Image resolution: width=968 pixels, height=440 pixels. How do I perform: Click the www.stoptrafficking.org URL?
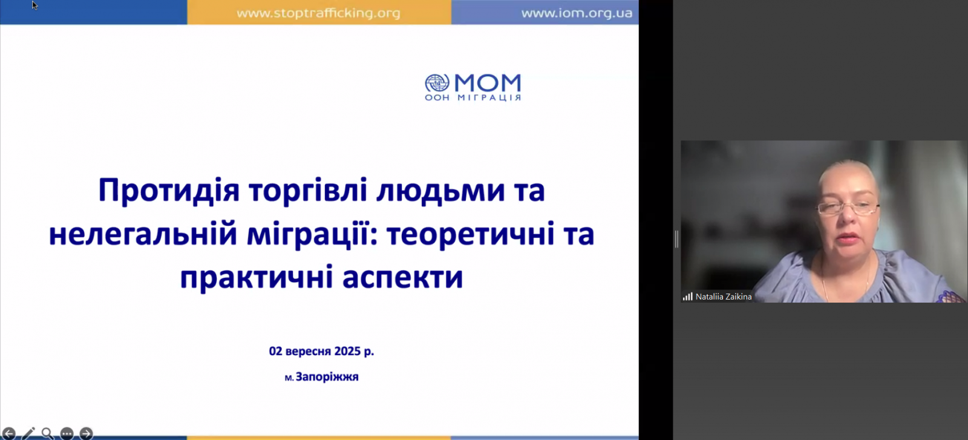pyautogui.click(x=318, y=13)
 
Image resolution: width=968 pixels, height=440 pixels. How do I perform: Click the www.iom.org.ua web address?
pyautogui.click(x=577, y=13)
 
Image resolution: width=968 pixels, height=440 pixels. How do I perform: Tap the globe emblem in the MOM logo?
pyautogui.click(x=437, y=83)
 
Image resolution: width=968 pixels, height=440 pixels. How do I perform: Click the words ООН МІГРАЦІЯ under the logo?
pyautogui.click(x=473, y=97)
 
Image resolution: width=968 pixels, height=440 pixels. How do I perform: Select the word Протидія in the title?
pyautogui.click(x=169, y=191)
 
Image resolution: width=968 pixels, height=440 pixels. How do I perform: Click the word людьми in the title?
pyautogui.click(x=440, y=191)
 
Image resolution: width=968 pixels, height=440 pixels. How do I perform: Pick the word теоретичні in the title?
pyautogui.click(x=470, y=234)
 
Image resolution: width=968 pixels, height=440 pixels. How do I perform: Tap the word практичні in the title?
pyautogui.click(x=257, y=277)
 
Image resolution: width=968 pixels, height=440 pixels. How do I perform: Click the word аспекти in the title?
pyautogui.click(x=403, y=277)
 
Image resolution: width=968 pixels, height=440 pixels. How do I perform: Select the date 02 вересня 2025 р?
pyautogui.click(x=321, y=351)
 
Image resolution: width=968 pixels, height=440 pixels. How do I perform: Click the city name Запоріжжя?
pyautogui.click(x=327, y=377)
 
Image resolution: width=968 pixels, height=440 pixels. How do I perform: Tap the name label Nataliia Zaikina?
pyautogui.click(x=724, y=297)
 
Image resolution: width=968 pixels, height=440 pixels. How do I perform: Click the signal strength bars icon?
pyautogui.click(x=687, y=297)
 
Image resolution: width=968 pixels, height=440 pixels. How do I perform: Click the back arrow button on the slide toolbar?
pyautogui.click(x=9, y=433)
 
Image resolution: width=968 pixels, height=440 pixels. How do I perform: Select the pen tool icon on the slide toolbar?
pyautogui.click(x=28, y=433)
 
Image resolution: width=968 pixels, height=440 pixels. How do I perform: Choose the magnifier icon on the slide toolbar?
pyautogui.click(x=48, y=433)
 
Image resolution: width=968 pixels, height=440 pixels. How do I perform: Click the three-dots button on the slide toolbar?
pyautogui.click(x=67, y=433)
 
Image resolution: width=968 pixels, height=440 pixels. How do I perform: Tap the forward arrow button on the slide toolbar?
pyautogui.click(x=86, y=433)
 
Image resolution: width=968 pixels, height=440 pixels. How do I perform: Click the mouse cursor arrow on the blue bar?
pyautogui.click(x=34, y=5)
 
